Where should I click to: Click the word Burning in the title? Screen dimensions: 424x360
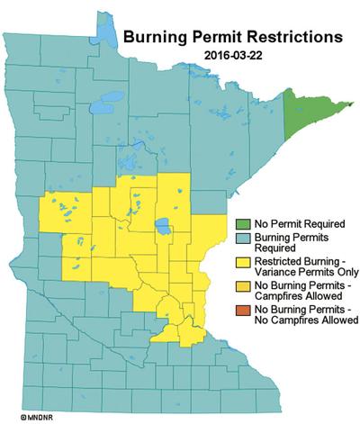click(154, 39)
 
